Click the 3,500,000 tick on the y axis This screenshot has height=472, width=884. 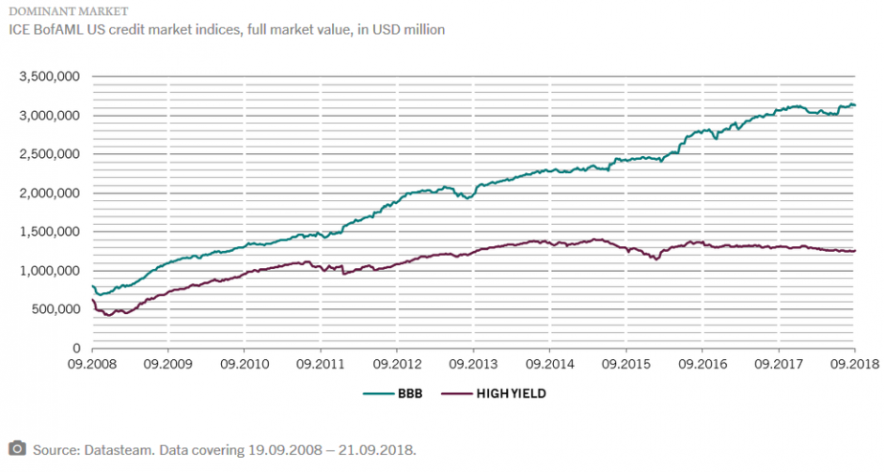point(50,76)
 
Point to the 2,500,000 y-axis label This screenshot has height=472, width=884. point(50,154)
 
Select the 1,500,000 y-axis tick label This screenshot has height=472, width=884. point(50,231)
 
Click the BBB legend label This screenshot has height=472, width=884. point(411,394)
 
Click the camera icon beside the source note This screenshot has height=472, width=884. point(17,448)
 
